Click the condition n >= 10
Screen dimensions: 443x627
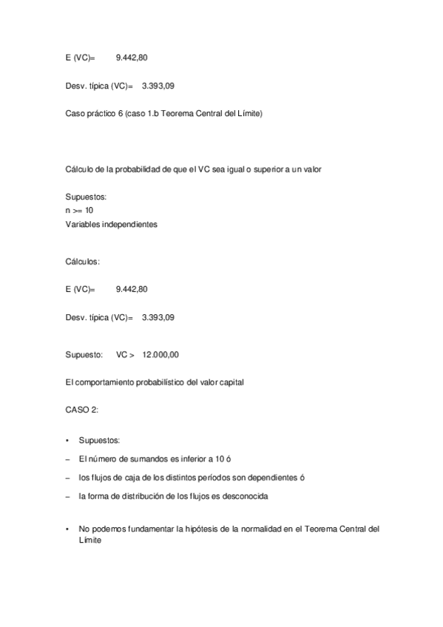pos(79,211)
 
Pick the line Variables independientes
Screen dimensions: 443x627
pos(111,224)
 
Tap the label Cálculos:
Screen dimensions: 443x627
pos(83,261)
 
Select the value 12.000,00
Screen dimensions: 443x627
pos(160,354)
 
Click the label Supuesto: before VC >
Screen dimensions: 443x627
pos(84,354)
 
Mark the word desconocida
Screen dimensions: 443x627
pos(245,496)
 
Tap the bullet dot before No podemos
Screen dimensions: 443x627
pos(67,529)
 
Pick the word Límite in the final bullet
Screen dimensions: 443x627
pos(90,540)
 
